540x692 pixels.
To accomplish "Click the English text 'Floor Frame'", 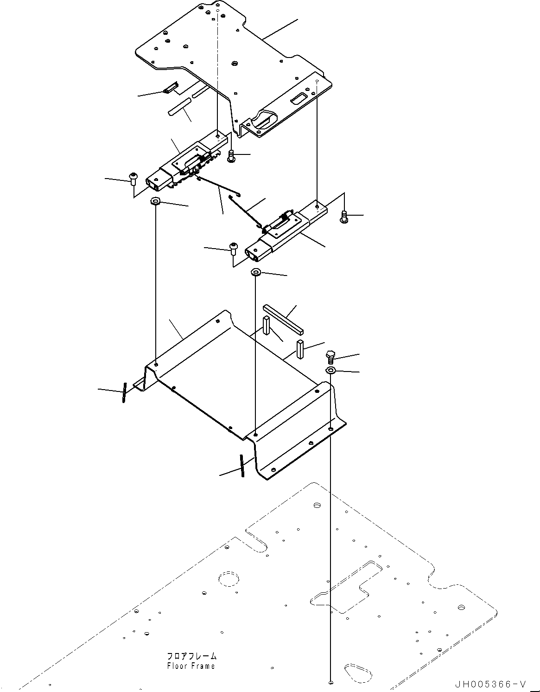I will click(191, 666).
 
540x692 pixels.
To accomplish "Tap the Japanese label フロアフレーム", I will click(191, 657).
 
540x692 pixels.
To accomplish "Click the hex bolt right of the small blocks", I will click(330, 357).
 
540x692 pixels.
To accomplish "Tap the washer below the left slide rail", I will click(155, 201).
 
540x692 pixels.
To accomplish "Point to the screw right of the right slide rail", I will click(343, 216).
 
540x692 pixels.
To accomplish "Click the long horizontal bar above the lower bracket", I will click(283, 319).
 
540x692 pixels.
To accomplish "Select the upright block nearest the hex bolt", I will click(300, 349).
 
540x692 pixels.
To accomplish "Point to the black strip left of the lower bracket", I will click(124, 392).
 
